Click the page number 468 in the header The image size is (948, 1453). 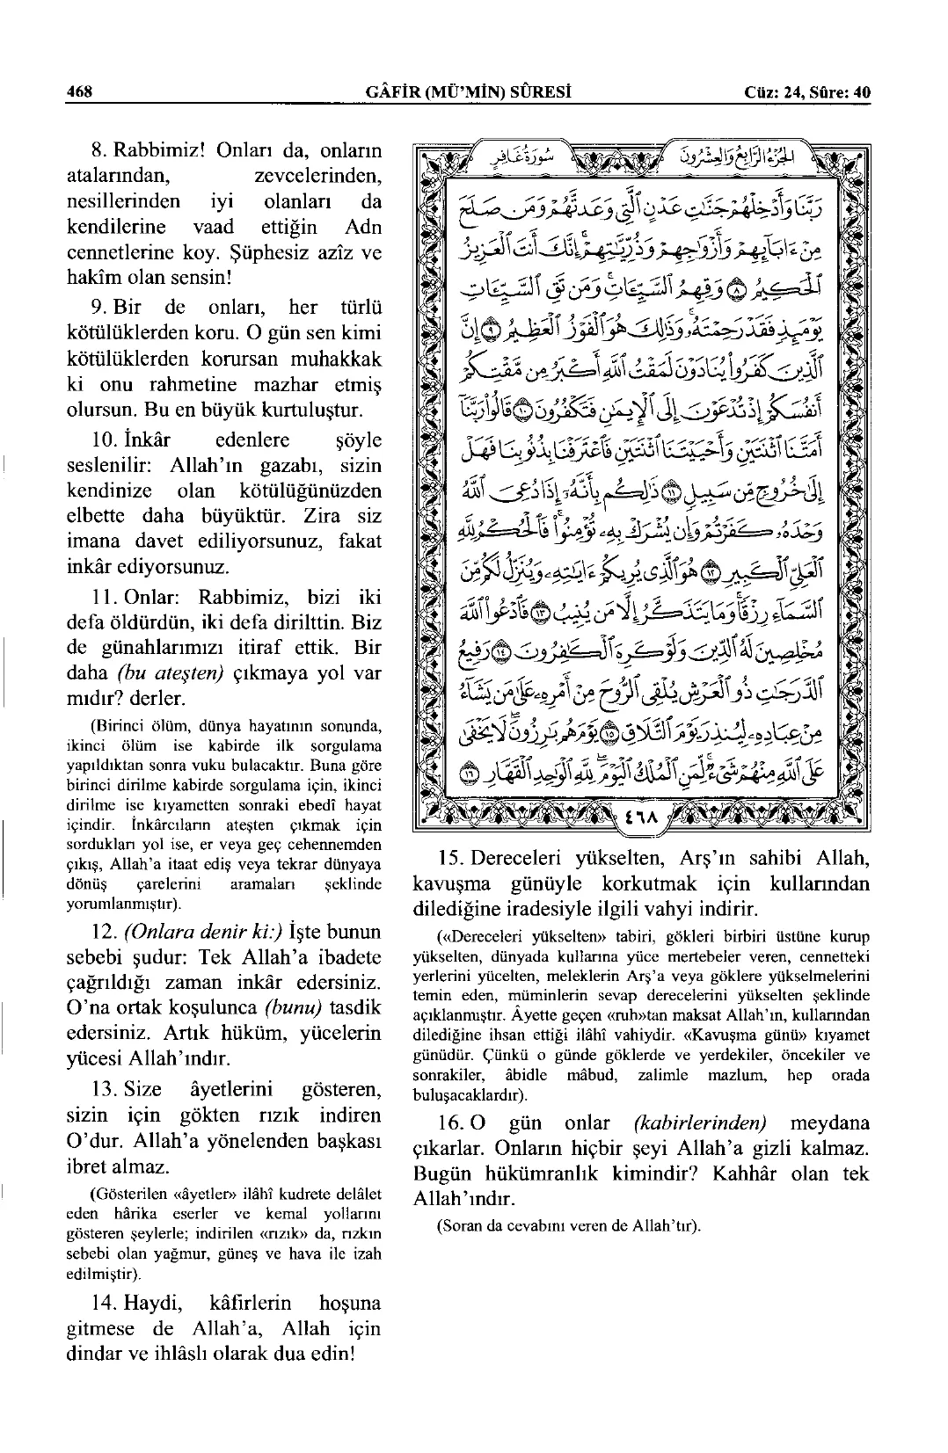[79, 92]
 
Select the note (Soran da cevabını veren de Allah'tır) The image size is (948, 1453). [568, 1225]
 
